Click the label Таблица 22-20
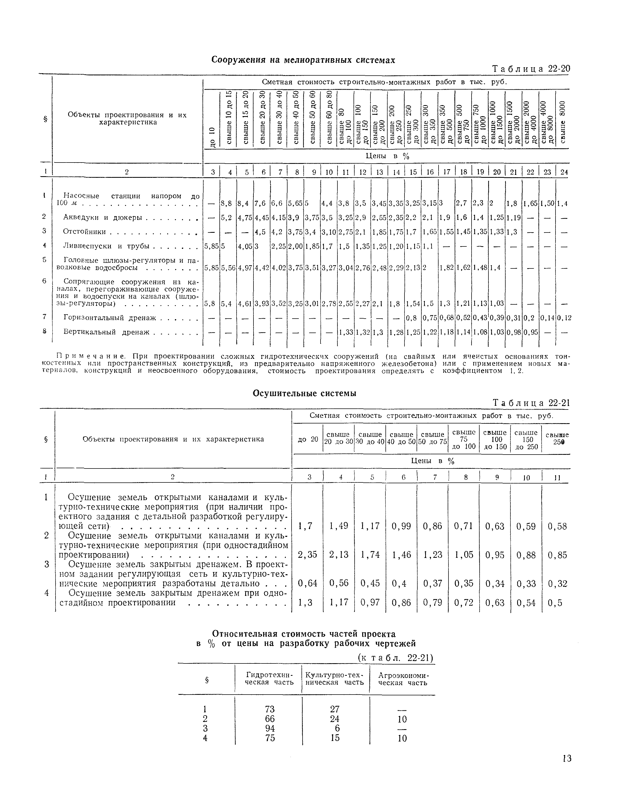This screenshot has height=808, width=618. [531, 69]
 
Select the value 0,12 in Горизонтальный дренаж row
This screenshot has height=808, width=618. [564, 318]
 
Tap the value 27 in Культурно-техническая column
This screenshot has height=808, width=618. [335, 709]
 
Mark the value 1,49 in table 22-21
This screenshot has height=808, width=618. [339, 526]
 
